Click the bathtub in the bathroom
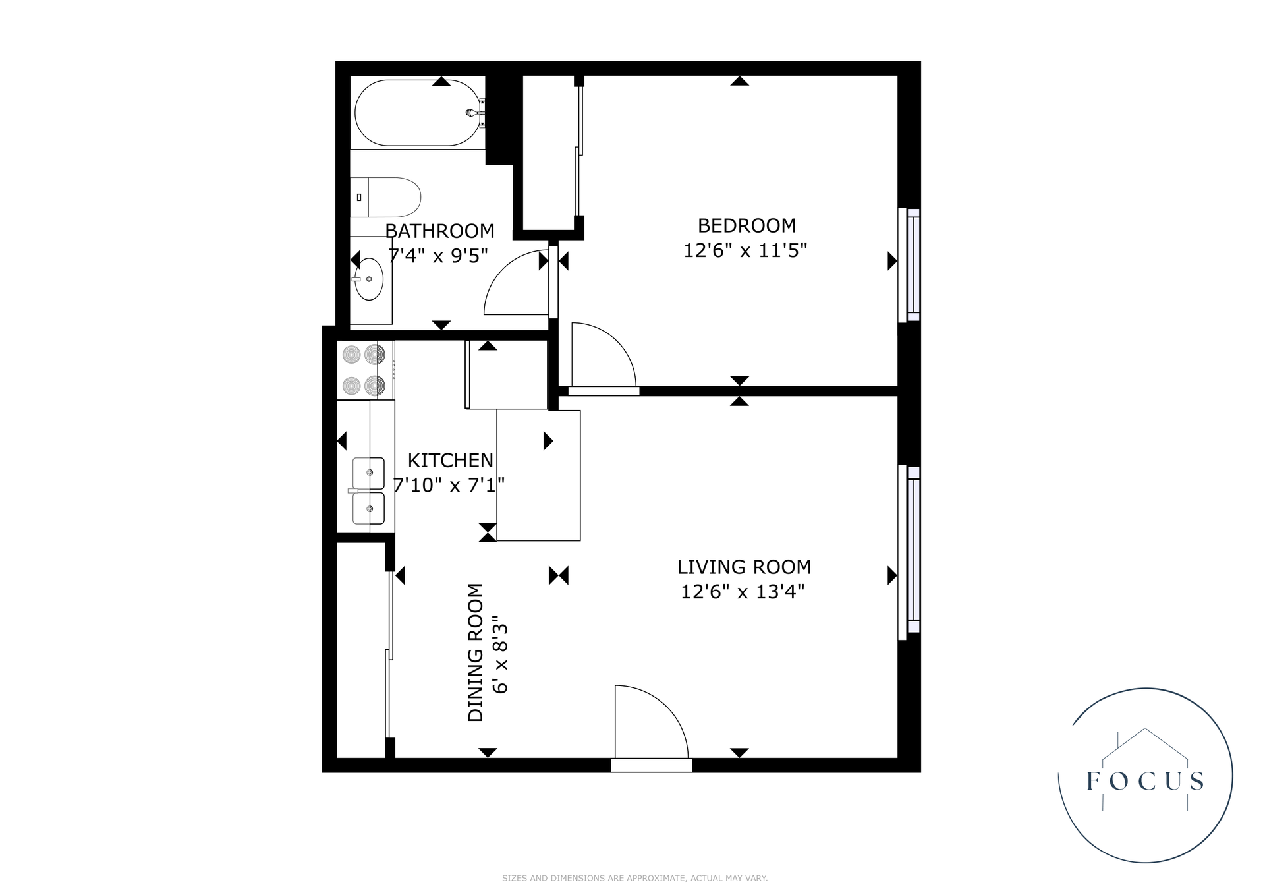pos(417,113)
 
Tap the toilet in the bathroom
pos(385,197)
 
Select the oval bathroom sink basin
pos(369,279)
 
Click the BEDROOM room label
pos(746,225)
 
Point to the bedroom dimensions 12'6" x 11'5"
pos(745,250)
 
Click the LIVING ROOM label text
pos(744,567)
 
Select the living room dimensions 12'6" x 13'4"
pos(743,592)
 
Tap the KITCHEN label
pos(451,460)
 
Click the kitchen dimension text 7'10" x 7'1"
pos(449,485)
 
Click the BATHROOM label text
pos(439,231)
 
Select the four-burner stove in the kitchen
pos(366,370)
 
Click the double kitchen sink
pos(368,491)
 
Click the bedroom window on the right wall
pos(909,265)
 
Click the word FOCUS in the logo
pos(1145,781)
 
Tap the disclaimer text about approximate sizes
pos(634,878)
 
